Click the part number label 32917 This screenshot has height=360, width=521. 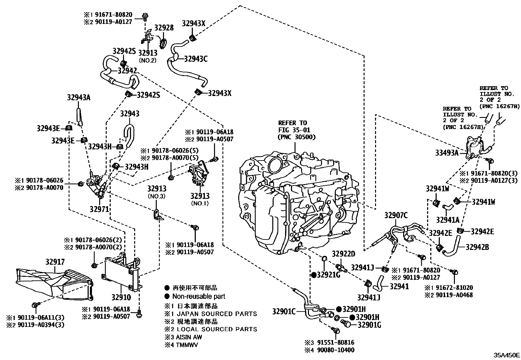click(55, 262)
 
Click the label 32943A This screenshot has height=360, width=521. click(79, 97)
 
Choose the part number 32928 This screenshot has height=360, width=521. click(164, 28)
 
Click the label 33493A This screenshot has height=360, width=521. click(447, 152)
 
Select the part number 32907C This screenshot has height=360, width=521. click(396, 215)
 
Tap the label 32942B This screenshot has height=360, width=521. click(477, 247)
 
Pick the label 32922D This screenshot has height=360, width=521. click(344, 254)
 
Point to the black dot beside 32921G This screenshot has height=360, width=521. click(314, 275)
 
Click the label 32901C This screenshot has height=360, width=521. click(284, 312)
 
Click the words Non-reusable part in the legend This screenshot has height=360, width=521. click(199, 296)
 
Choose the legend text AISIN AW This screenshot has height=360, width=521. click(189, 337)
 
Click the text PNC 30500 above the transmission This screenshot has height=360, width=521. click(296, 137)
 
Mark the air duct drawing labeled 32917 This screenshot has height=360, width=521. click(52, 283)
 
